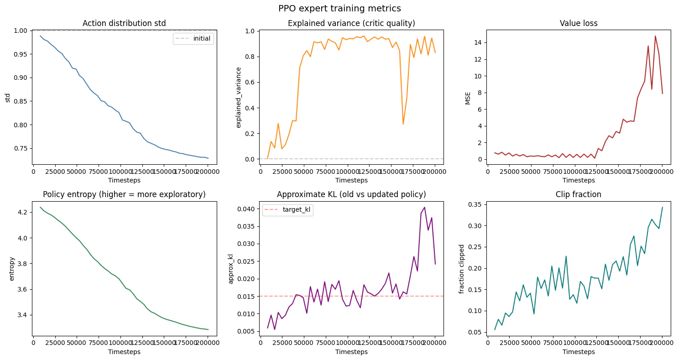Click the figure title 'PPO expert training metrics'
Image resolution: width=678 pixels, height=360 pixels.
point(339,8)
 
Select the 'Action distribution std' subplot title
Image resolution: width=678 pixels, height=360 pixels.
point(124,24)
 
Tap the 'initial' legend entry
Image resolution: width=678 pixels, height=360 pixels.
point(202,39)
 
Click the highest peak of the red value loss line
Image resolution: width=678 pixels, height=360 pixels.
point(655,36)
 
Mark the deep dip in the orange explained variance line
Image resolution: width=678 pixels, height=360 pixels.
point(403,124)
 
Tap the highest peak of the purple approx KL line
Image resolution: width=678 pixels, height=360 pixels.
point(424,207)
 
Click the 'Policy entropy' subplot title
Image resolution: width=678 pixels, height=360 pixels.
point(124,194)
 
